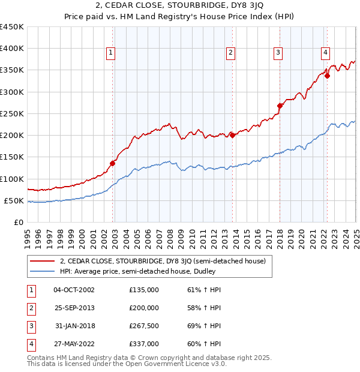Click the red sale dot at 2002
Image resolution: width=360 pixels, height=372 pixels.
tap(113, 163)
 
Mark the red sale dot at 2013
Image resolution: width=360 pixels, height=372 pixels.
tap(232, 136)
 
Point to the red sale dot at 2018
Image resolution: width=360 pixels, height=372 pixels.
tap(280, 106)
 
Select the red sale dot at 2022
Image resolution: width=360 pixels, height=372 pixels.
tap(327, 76)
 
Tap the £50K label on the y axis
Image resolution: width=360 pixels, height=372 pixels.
tap(14, 200)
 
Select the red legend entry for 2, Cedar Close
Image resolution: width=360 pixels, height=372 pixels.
tap(166, 260)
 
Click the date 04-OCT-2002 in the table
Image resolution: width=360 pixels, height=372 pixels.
tap(74, 290)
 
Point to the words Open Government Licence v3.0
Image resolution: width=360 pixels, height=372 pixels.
tap(181, 364)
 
